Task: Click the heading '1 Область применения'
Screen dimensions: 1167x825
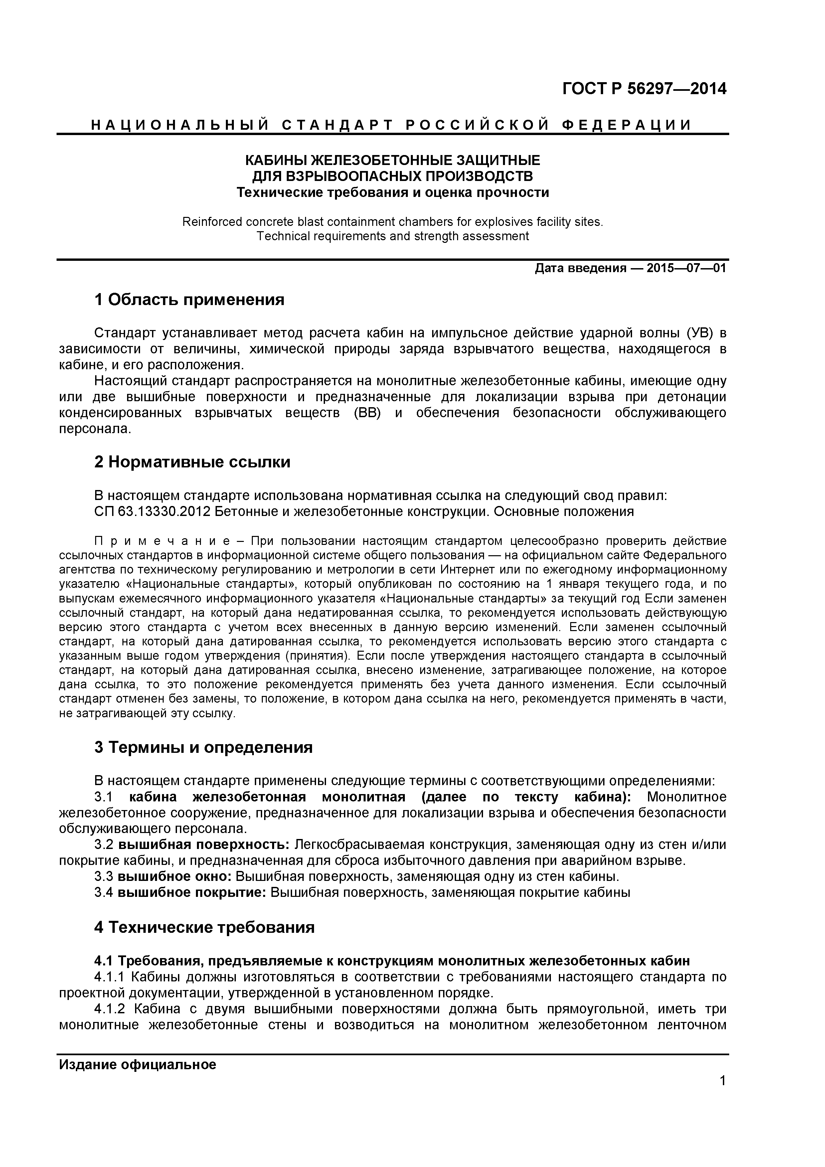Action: pos(189,300)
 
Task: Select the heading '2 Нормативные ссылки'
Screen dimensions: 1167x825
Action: pos(192,462)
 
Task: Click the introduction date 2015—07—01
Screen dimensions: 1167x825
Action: pos(686,268)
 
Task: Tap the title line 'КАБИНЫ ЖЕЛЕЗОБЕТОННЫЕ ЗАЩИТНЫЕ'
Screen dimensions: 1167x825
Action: pos(393,161)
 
